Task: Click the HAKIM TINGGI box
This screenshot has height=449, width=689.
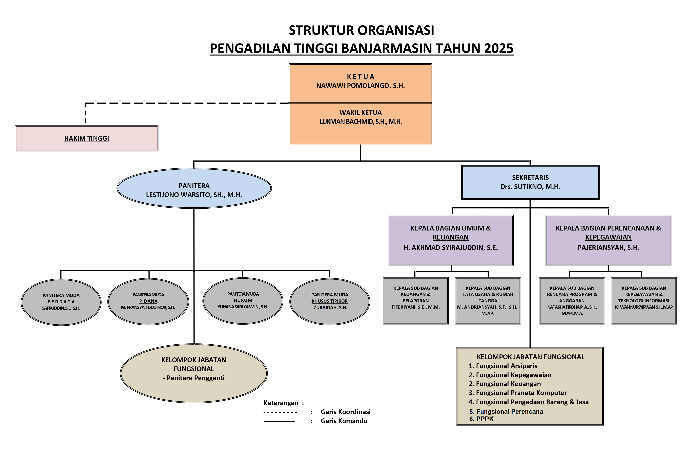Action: click(87, 138)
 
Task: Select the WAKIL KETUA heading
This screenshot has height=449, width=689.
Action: click(360, 113)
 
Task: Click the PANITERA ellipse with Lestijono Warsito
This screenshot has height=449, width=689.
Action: click(194, 188)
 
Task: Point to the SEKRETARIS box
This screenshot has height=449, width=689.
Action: click(530, 182)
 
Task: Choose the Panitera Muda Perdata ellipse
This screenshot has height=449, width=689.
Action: click(61, 302)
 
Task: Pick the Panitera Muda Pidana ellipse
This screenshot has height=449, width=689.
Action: click(148, 301)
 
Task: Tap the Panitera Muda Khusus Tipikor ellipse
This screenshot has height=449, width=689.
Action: click(330, 301)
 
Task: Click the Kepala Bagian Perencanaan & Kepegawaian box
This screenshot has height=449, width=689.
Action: click(608, 240)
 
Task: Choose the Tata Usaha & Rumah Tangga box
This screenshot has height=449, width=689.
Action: click(488, 301)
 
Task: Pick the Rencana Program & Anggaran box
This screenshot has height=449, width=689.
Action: click(572, 301)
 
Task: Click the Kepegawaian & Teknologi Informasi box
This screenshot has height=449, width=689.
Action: click(644, 301)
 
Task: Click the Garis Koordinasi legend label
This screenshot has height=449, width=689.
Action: click(345, 412)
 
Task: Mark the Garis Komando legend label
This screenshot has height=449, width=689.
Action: click(344, 421)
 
